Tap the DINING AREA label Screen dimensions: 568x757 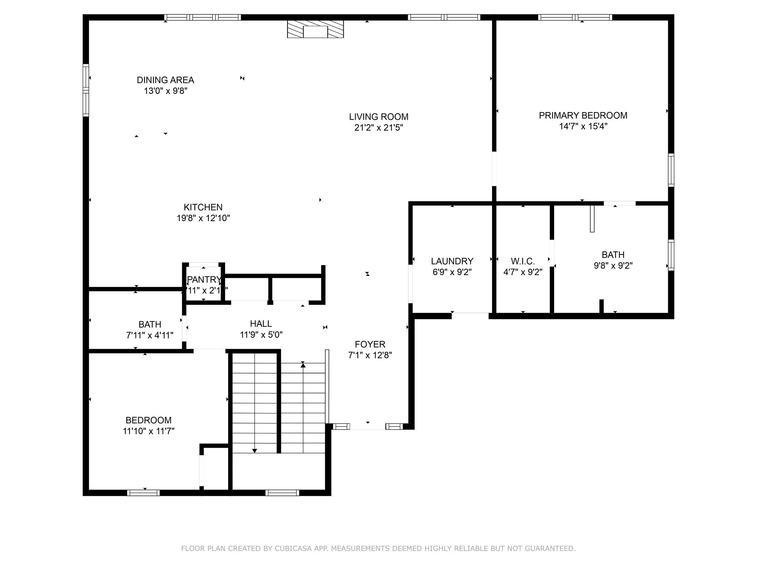(165, 80)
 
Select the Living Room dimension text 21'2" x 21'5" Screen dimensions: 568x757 (378, 128)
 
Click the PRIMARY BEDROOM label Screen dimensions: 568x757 (583, 115)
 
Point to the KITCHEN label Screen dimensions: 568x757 (203, 207)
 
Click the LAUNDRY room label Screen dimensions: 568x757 (452, 261)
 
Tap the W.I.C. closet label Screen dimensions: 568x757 (523, 261)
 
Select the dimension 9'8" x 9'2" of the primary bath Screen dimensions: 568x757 (613, 266)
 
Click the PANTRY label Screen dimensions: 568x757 (204, 280)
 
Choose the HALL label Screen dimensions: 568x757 (261, 324)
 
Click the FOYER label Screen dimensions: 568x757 (370, 344)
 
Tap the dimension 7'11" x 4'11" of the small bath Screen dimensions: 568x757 (150, 335)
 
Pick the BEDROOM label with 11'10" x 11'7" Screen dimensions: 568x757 (149, 420)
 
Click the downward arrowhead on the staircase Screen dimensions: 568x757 (254, 450)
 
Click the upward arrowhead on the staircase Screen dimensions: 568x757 (303, 365)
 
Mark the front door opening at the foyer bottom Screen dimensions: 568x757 (367, 426)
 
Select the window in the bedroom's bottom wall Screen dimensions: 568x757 (143, 493)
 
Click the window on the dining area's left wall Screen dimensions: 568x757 (86, 90)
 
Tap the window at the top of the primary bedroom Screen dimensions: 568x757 (575, 17)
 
